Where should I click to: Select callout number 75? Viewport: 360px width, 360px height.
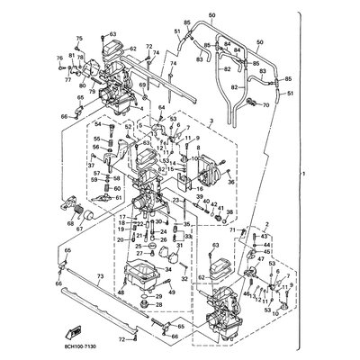tap(78, 39)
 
